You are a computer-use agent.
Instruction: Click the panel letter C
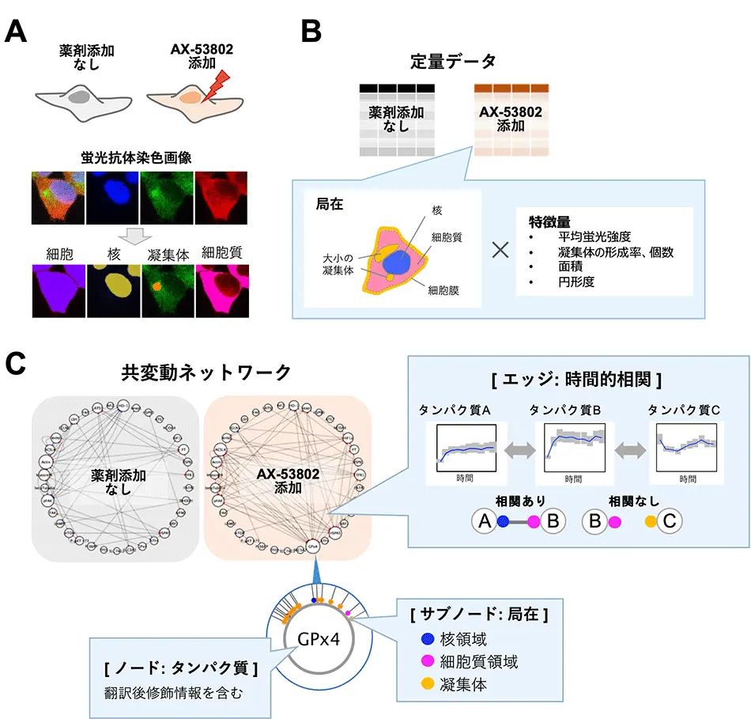click(18, 365)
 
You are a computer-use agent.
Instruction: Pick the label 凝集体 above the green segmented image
click(168, 255)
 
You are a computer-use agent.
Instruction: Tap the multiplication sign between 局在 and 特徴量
click(500, 250)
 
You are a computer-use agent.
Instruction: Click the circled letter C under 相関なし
click(669, 521)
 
